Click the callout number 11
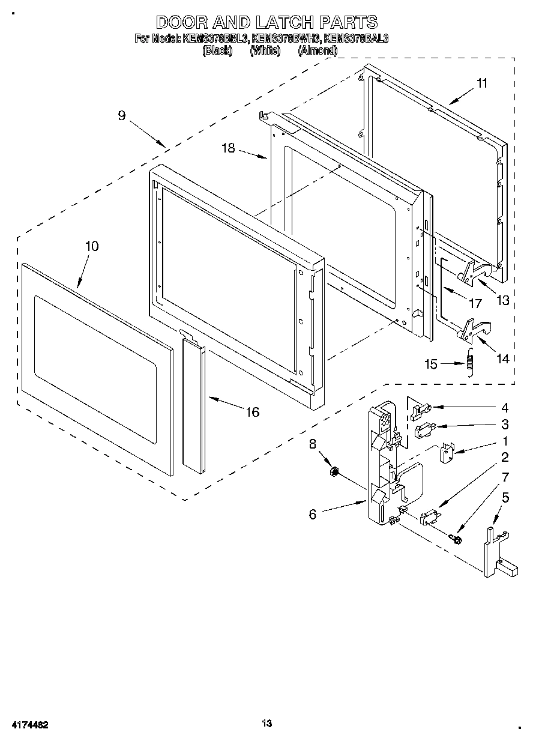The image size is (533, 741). point(483,83)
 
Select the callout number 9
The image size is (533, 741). point(122,115)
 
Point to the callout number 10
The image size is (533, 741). point(92,246)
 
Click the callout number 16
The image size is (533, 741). point(253,412)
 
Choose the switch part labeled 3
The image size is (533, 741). point(423,429)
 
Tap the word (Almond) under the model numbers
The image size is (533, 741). point(318,51)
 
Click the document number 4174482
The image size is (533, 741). point(29,725)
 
